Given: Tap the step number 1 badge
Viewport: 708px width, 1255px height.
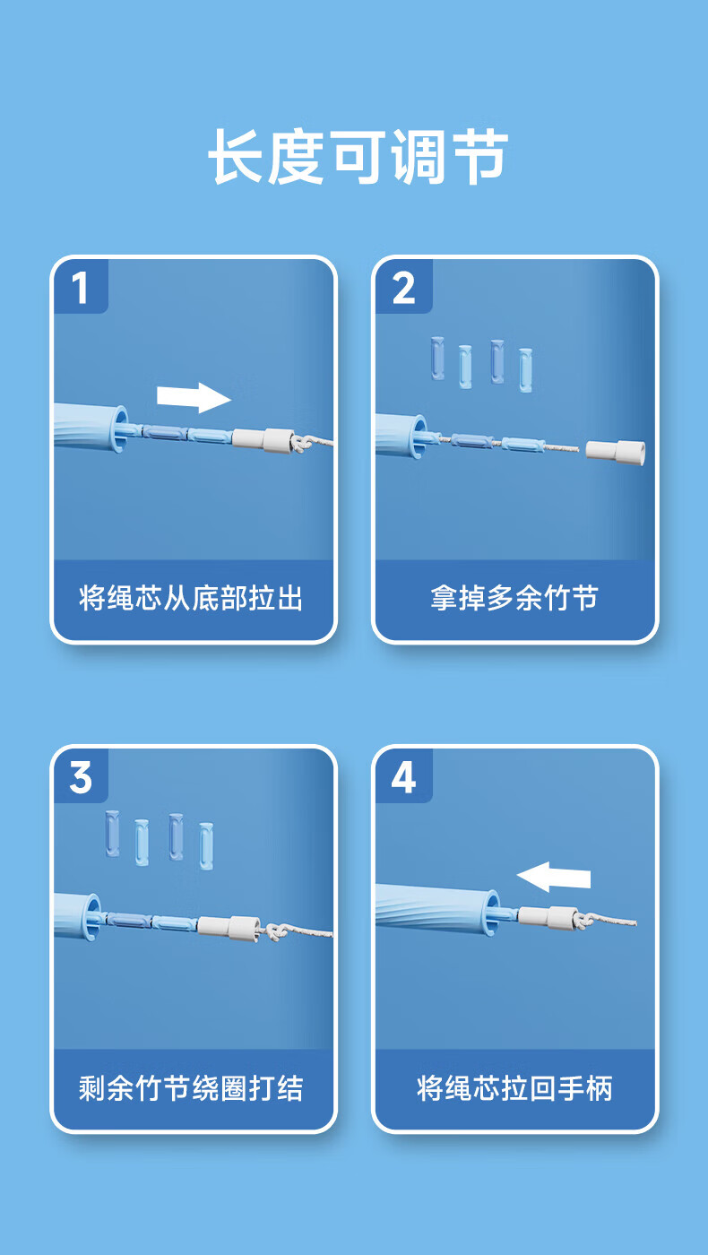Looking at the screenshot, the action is tap(80, 287).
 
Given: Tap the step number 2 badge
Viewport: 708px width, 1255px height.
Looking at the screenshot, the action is tap(403, 287).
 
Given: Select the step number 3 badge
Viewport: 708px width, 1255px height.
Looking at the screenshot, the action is tap(80, 777).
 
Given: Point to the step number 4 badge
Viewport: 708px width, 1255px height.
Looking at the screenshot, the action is tap(403, 777).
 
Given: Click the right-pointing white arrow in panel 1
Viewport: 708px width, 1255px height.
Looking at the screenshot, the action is tap(194, 398).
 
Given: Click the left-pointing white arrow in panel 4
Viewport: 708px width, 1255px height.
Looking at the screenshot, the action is tap(554, 877).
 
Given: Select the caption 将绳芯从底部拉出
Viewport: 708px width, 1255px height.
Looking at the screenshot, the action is tap(190, 599).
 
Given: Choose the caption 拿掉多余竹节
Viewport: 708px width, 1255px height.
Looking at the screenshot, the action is tap(514, 599).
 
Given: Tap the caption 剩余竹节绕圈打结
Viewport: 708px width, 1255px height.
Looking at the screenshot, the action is tap(190, 1088).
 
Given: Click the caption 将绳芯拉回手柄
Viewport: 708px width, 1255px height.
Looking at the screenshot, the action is tap(514, 1088).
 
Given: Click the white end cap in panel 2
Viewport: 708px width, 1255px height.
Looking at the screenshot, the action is tap(616, 452).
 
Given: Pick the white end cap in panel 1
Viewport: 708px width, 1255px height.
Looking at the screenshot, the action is tap(263, 440).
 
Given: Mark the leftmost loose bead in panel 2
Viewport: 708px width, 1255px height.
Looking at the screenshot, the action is tap(437, 359).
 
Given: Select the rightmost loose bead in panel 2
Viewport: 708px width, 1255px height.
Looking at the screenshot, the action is tap(525, 370).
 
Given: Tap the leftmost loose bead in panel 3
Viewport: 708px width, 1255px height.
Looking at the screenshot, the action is tap(113, 833).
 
